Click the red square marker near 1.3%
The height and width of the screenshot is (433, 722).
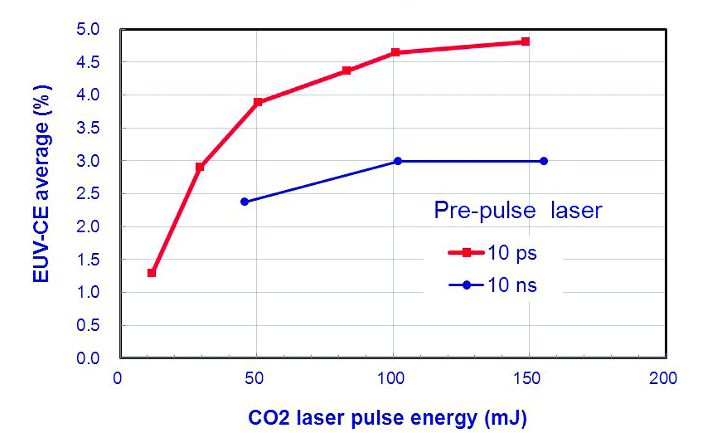click(152, 273)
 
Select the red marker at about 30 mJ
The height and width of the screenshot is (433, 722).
click(200, 167)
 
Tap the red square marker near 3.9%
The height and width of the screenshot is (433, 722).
click(258, 102)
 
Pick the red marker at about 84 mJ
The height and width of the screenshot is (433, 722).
click(346, 71)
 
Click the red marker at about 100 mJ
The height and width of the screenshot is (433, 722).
click(395, 52)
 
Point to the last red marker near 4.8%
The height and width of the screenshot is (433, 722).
click(525, 41)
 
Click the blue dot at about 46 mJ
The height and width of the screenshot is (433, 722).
click(245, 202)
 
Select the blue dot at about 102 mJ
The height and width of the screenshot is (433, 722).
click(398, 161)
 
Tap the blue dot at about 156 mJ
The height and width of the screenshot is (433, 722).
click(544, 161)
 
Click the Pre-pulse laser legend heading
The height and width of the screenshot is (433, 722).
click(518, 212)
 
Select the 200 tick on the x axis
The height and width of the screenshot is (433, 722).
click(665, 379)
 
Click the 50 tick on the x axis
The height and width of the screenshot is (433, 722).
click(256, 379)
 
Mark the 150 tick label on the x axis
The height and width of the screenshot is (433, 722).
click(528, 379)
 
